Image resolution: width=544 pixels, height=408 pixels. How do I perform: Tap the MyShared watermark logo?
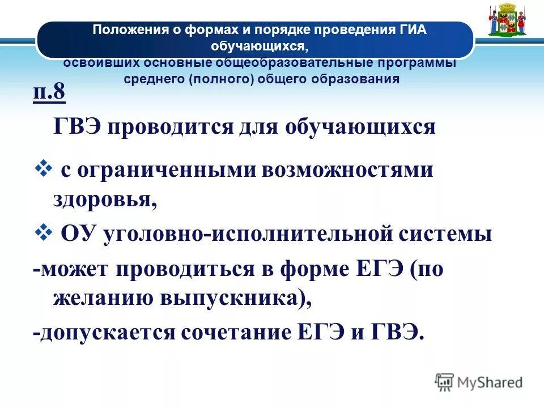[479, 382]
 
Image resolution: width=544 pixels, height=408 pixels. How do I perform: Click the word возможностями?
[347, 171]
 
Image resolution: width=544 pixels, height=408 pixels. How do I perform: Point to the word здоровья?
[105, 199]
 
